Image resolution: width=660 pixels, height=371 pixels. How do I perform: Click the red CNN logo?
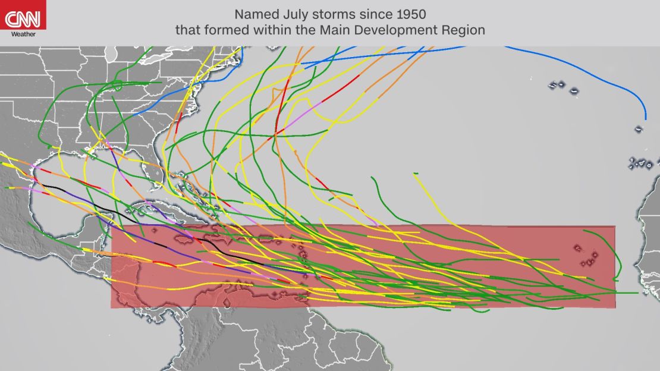[x=23, y=18]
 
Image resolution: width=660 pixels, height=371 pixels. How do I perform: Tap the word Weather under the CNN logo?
[x=23, y=34]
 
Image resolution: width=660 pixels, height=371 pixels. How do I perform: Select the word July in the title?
[x=290, y=13]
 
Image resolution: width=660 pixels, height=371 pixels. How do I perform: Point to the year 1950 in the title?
[x=410, y=13]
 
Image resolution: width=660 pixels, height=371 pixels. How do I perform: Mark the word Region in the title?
[x=466, y=29]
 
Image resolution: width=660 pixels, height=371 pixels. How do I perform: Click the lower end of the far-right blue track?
[x=645, y=118]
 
